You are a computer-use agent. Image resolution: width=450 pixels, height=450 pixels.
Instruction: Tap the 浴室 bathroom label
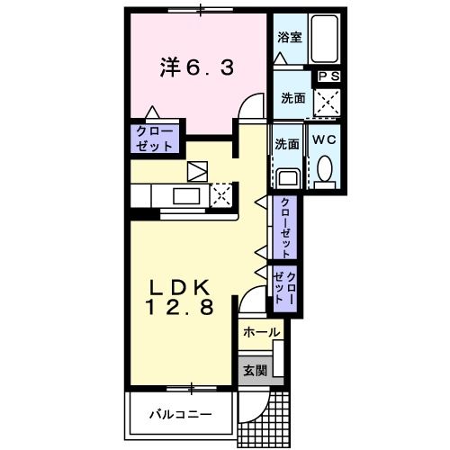coord(288,39)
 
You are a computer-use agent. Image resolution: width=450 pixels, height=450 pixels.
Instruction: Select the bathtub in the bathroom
coord(323,41)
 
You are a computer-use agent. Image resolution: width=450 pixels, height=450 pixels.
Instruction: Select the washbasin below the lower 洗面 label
coord(288,176)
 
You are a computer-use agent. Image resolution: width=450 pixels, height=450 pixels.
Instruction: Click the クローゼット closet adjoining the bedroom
coord(156,138)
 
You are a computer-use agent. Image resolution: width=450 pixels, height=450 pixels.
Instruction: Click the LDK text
coord(179,288)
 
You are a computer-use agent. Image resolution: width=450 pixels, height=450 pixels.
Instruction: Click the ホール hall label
coord(261,333)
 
